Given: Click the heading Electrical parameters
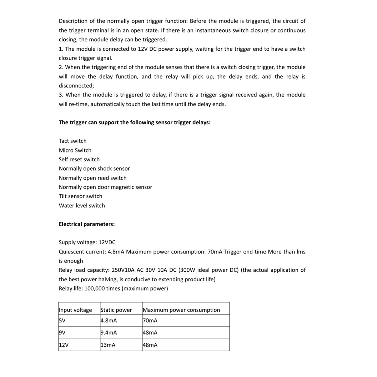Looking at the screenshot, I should (87, 224).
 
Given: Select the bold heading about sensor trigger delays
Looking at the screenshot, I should (135, 122).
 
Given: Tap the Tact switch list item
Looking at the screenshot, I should (72, 141).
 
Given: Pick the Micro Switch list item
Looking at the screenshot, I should (75, 150).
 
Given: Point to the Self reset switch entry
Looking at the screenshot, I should (79, 160).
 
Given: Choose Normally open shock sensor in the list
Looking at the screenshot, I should (94, 169).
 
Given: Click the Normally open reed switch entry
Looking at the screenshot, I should (92, 178).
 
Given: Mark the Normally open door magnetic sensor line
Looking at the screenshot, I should (105, 187).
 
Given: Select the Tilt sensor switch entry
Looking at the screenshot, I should (80, 196).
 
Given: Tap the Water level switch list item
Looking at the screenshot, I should (82, 206).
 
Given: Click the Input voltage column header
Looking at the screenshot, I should (75, 310).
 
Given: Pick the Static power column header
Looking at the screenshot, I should (116, 310).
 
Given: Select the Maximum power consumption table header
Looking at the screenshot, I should (181, 310).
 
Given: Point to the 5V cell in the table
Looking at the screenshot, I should (62, 321).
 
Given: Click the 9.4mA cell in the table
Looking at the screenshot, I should (109, 333).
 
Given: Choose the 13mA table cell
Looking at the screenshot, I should (108, 345).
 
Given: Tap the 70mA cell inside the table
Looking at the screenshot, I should (150, 321).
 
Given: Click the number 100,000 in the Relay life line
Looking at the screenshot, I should (95, 288).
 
